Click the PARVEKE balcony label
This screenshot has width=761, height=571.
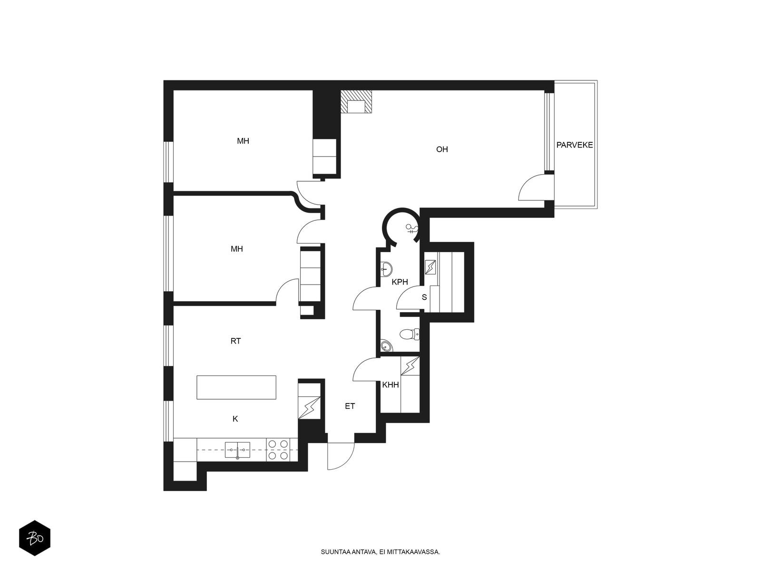point(575,145)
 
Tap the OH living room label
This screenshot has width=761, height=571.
point(442,149)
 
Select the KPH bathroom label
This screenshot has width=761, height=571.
point(400,282)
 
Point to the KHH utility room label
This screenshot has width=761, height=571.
point(390,385)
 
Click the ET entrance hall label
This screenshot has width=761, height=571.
point(350,406)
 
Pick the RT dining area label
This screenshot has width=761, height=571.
point(235,341)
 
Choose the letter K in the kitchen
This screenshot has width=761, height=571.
point(235,419)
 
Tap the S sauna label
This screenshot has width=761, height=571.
point(424,297)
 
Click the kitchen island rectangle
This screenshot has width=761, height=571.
point(236,387)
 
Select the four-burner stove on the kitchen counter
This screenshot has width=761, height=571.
point(278,450)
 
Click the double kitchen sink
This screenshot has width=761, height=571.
point(237,450)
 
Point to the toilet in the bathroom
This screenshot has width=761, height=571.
point(410,335)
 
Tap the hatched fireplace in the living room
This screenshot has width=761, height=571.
point(356,101)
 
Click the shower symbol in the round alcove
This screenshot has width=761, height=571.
point(412,229)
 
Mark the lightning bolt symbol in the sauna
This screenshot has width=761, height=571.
point(430,267)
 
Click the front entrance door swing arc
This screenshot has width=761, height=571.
point(345,462)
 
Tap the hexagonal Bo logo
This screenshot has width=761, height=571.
point(35,538)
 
